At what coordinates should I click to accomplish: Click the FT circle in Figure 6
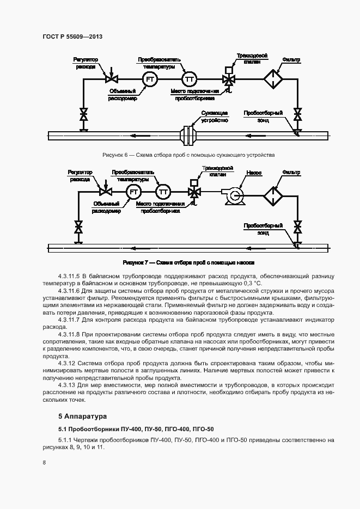pyautogui.click(x=150, y=79)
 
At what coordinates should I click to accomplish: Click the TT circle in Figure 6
pyautogui.click(x=190, y=79)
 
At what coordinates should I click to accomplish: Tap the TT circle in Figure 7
pyautogui.click(x=162, y=192)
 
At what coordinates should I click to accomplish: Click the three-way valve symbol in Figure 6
pyautogui.click(x=229, y=79)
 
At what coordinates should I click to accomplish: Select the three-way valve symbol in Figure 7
pyautogui.click(x=193, y=192)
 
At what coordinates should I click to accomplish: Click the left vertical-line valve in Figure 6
pyautogui.click(x=83, y=115)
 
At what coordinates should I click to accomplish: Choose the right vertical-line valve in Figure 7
pyautogui.click(x=297, y=226)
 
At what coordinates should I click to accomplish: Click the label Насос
pyautogui.click(x=254, y=173)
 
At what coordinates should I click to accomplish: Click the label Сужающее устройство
pyautogui.click(x=213, y=116)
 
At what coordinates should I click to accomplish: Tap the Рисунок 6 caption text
pyautogui.click(x=188, y=155)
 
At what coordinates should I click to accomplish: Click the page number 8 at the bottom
pyautogui.click(x=44, y=463)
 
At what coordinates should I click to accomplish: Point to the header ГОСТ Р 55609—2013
pyautogui.click(x=72, y=36)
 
